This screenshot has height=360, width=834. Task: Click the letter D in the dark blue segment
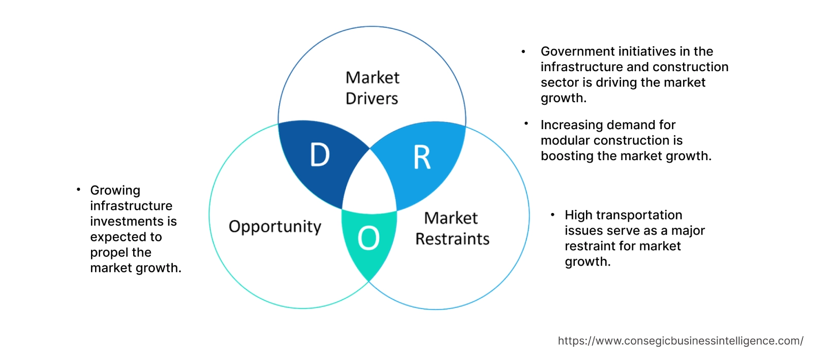tap(320, 155)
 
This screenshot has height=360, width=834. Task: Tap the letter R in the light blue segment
tap(422, 158)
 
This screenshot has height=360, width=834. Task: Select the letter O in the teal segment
tap(368, 238)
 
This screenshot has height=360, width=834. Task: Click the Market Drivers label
tap(372, 88)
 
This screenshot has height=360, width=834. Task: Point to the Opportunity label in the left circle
tap(275, 227)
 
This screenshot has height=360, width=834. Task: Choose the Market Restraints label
tap(452, 228)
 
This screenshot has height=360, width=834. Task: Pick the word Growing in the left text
tap(115, 191)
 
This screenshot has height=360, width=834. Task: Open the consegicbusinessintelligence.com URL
tap(681, 341)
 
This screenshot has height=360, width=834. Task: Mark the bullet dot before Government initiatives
tap(523, 51)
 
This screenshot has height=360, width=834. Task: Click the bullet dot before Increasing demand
tap(526, 124)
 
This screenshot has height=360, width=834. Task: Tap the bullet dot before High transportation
tap(552, 215)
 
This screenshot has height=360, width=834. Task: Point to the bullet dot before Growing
tap(78, 190)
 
